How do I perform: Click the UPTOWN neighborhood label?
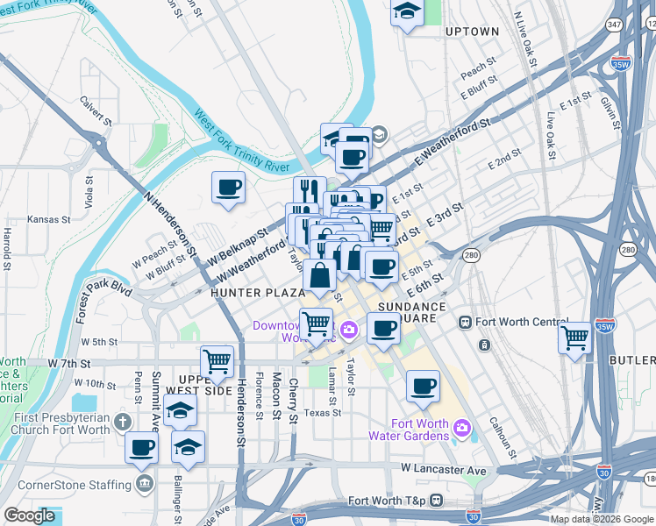pyautogui.click(x=472, y=32)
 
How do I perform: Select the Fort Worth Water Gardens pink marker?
pyautogui.click(x=463, y=430)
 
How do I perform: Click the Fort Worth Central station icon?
pyautogui.click(x=465, y=322)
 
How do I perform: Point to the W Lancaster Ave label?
pyautogui.click(x=445, y=471)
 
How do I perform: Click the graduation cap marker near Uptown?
pyautogui.click(x=407, y=13)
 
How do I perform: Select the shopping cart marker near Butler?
pyautogui.click(x=575, y=337)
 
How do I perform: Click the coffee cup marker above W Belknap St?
pyautogui.click(x=228, y=188)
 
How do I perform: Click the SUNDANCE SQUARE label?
pyautogui.click(x=412, y=313)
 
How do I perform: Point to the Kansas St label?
pyautogui.click(x=46, y=219)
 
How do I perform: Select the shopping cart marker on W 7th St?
pyautogui.click(x=217, y=361)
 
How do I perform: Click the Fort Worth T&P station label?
pyautogui.click(x=386, y=501)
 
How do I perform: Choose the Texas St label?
pyautogui.click(x=323, y=412)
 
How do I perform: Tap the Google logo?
pyautogui.click(x=30, y=515)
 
